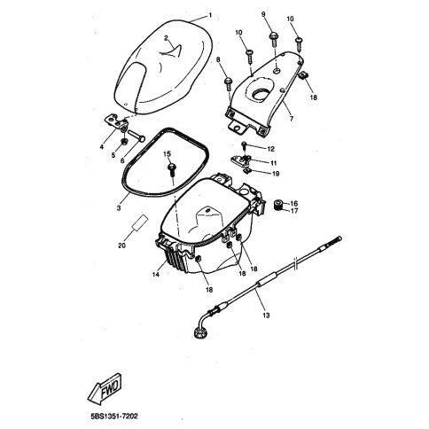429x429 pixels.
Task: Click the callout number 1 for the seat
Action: (x=210, y=15)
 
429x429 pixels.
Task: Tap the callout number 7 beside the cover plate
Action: (x=292, y=119)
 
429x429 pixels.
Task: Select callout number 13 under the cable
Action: (x=266, y=316)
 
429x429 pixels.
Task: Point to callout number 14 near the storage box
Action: (x=156, y=274)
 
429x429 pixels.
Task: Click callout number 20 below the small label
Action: (x=121, y=246)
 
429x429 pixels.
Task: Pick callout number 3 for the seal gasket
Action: (x=119, y=208)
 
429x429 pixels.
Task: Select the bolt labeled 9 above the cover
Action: (x=273, y=39)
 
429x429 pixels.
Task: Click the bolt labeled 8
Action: (x=229, y=83)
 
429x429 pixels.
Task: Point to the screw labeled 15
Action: (x=172, y=170)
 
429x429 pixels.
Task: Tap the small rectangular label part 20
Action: (x=140, y=222)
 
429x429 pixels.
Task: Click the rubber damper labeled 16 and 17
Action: (x=277, y=205)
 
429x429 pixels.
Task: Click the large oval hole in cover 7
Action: (x=261, y=92)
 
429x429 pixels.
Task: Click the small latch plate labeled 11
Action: (x=240, y=160)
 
